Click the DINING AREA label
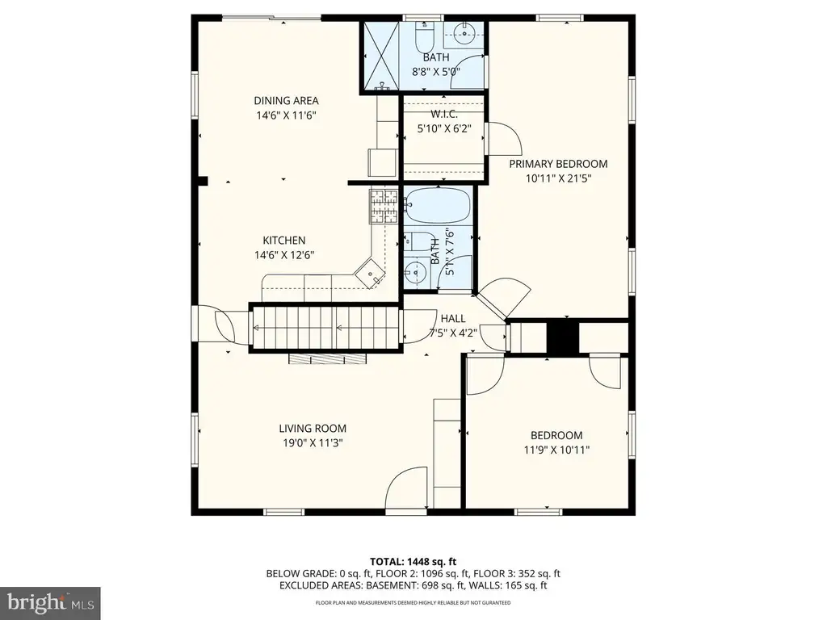pyautogui.click(x=286, y=101)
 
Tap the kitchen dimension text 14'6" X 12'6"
pyautogui.click(x=284, y=255)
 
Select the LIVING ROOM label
pyautogui.click(x=313, y=429)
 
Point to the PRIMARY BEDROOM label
pyautogui.click(x=558, y=164)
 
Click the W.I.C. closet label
pyautogui.click(x=444, y=114)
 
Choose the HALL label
pyautogui.click(x=453, y=318)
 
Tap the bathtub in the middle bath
pyautogui.click(x=438, y=205)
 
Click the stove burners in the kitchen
pyautogui.click(x=384, y=206)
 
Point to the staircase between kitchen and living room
pyautogui.click(x=324, y=328)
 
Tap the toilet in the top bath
pyautogui.click(x=424, y=35)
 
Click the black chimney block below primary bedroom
pyautogui.click(x=562, y=337)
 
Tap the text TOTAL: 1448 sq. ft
pyautogui.click(x=413, y=562)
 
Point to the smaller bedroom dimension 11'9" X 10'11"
pyautogui.click(x=556, y=450)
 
